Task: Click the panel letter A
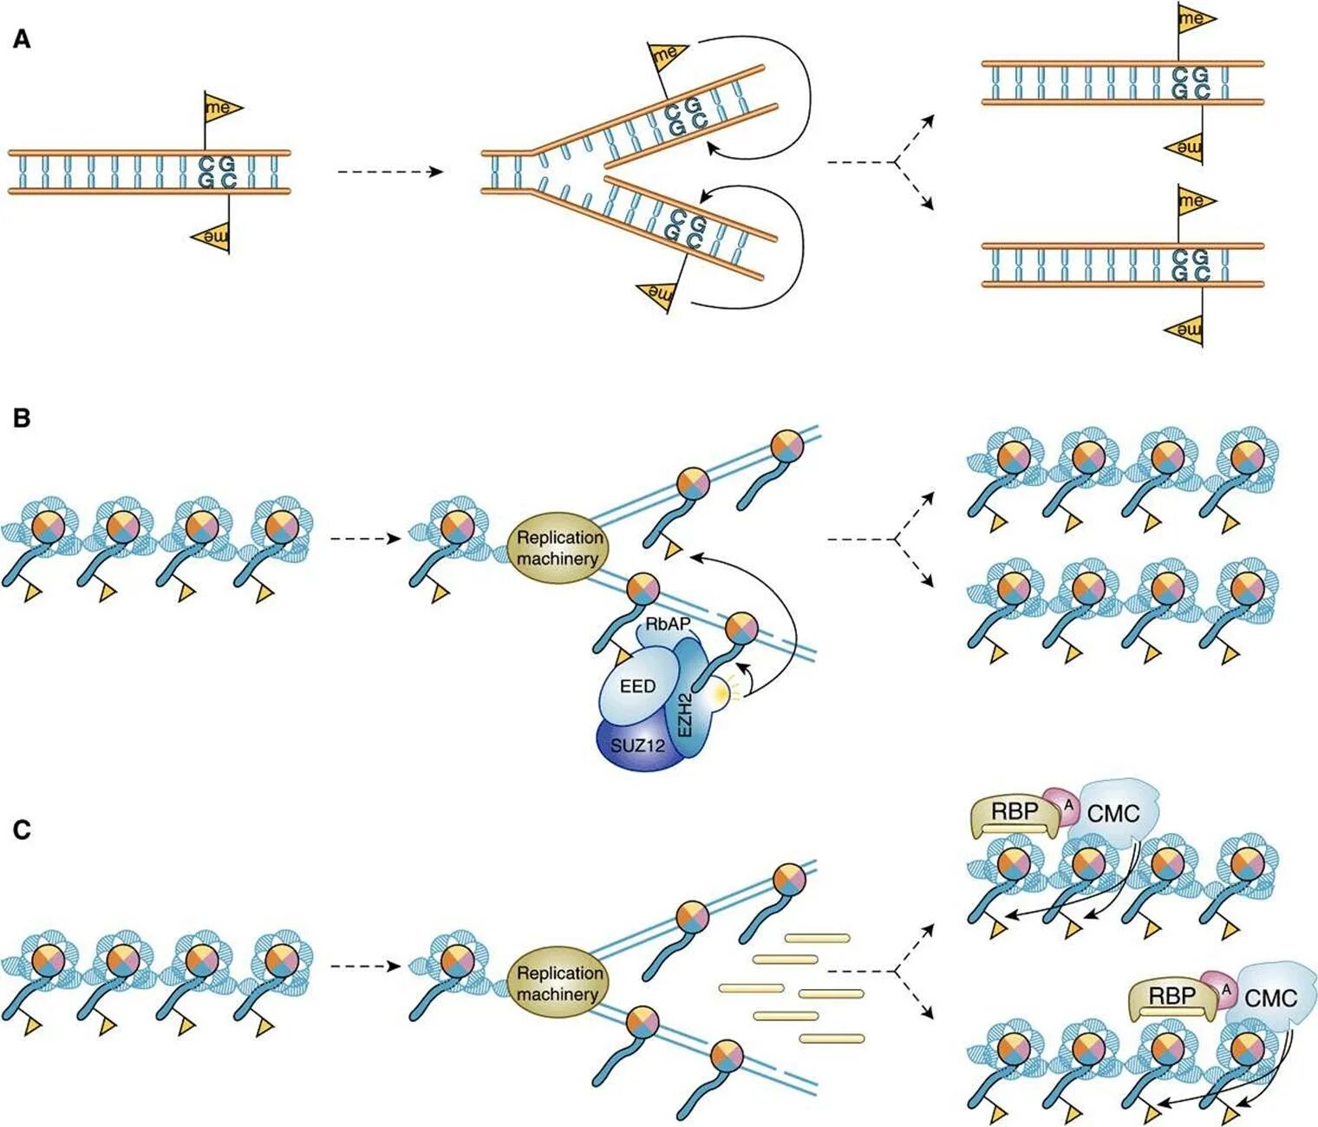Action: coord(22,39)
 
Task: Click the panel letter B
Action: coord(22,418)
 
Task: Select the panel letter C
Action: coord(22,830)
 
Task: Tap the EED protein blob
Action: coord(638,686)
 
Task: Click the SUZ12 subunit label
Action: coord(637,744)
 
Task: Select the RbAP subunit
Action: coord(667,625)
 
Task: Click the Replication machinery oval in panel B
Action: coord(558,547)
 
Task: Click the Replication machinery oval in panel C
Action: coord(558,983)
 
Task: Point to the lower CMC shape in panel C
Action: coord(1271,998)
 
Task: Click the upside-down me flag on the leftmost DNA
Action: coord(213,236)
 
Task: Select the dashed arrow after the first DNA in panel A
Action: coord(390,172)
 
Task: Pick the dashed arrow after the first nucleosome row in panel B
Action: coord(365,539)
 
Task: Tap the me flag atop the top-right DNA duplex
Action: coord(1193,18)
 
